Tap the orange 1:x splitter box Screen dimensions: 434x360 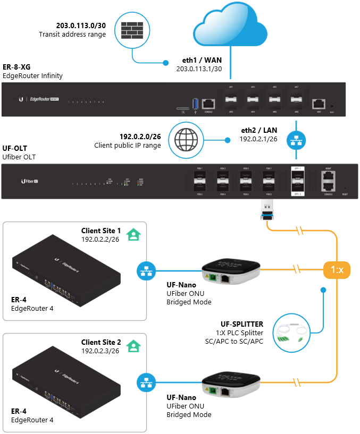337,270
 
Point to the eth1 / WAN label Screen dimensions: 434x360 202,61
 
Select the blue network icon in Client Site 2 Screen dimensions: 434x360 145,381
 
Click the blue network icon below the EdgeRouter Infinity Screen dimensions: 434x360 295,140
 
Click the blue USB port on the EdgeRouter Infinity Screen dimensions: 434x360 195,104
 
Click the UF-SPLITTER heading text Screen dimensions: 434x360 242,324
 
